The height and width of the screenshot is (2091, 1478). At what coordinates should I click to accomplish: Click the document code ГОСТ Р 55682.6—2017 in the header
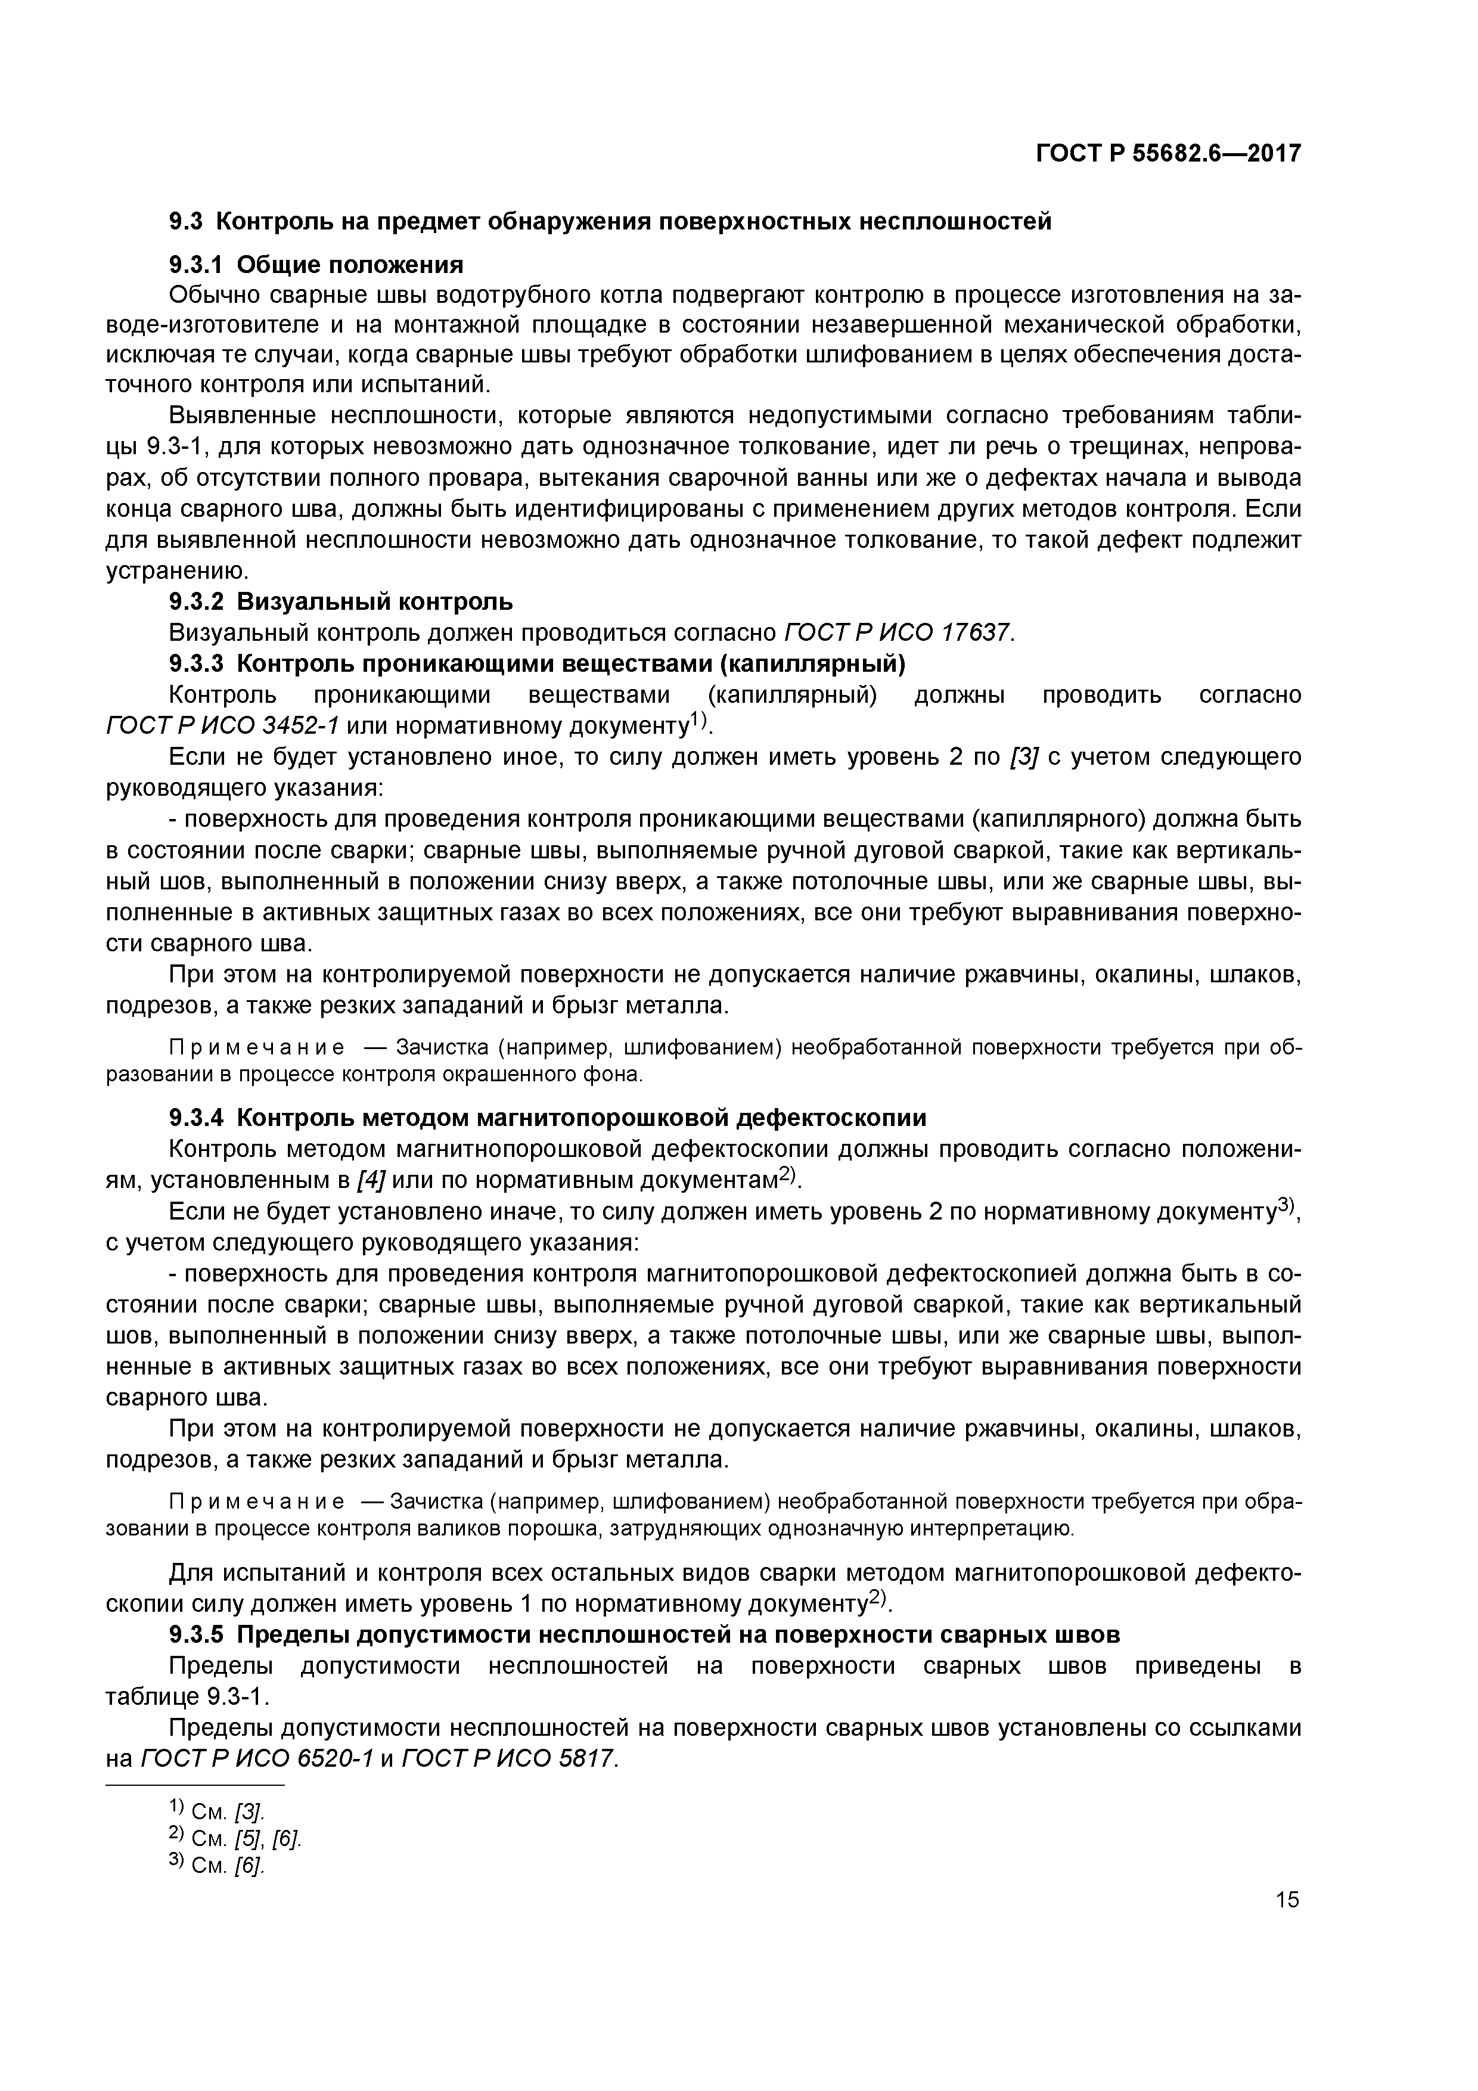tap(1168, 153)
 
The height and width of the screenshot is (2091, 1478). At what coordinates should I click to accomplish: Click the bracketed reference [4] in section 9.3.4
tap(371, 1180)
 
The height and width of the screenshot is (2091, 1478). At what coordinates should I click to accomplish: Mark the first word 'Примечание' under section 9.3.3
tap(225, 1048)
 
